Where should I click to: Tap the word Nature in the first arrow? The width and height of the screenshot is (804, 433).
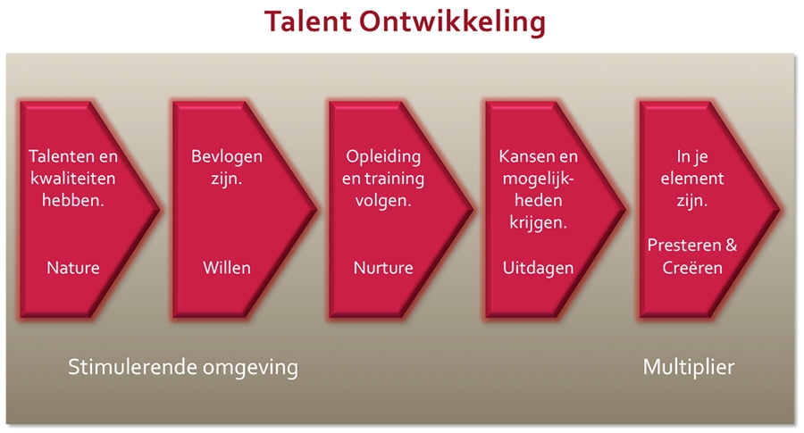click(x=73, y=268)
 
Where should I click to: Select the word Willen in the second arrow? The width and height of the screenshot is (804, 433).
click(x=227, y=268)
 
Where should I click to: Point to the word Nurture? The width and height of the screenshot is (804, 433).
click(x=383, y=268)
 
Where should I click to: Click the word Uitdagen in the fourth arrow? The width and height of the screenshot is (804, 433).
click(x=538, y=268)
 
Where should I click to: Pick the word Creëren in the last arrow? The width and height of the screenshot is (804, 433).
click(x=699, y=268)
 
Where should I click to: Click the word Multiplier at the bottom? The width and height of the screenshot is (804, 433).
click(x=689, y=367)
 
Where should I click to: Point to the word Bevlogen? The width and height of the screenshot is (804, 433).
click(x=227, y=156)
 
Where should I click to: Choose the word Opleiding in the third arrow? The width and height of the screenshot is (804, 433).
click(x=383, y=156)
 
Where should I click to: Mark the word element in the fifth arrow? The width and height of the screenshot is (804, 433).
click(x=699, y=179)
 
